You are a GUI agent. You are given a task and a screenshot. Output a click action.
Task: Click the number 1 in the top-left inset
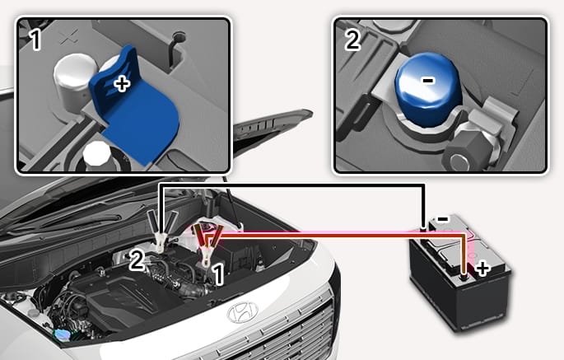(35, 40)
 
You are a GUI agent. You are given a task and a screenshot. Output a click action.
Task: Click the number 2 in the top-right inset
(352, 40)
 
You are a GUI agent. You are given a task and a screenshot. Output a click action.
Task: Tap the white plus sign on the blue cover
(122, 84)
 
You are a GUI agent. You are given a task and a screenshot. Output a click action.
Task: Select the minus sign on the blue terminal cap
(428, 81)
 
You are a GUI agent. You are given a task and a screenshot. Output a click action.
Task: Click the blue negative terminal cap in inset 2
(427, 89)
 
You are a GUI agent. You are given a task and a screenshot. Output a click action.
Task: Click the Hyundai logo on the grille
(243, 311)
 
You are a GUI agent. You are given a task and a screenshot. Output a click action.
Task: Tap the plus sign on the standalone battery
(482, 269)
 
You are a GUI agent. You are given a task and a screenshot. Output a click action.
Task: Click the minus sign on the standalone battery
(442, 218)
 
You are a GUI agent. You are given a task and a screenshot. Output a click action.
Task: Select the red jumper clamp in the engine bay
(207, 245)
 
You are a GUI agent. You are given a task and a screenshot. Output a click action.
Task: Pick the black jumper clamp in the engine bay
(161, 231)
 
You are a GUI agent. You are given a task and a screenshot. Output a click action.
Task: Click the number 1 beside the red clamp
(219, 274)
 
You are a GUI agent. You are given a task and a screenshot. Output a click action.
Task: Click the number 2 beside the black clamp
(137, 260)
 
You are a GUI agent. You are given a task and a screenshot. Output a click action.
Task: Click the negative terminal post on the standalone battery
(424, 228)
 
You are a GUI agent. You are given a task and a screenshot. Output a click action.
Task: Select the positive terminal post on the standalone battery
(464, 278)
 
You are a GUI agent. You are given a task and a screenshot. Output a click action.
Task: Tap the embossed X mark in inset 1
(69, 36)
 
